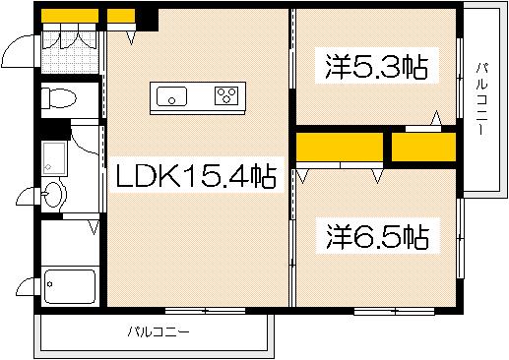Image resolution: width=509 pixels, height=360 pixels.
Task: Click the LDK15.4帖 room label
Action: coord(195,177)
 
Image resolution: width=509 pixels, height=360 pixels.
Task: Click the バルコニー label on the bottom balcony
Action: coord(158,331)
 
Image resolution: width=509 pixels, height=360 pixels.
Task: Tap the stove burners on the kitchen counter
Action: coord(227,96)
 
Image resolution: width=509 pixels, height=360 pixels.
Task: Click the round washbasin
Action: coord(53,194)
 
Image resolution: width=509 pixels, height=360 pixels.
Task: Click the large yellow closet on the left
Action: coord(339,147)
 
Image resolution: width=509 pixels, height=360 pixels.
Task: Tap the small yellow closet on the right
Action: coord(423,147)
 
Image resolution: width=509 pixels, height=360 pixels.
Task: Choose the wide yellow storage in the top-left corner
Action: coord(70,16)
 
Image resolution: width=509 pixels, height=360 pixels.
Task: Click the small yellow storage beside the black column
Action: coord(120,16)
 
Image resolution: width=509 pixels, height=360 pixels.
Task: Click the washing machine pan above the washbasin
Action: coord(53,157)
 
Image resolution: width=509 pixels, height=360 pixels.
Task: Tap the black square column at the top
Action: coord(147,18)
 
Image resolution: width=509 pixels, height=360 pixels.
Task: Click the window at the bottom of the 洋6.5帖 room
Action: coord(393,311)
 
